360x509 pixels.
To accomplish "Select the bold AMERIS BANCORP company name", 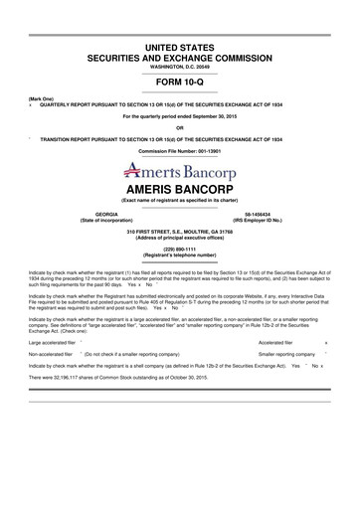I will tap(180, 188).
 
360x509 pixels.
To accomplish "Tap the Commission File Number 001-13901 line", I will tap(180, 150).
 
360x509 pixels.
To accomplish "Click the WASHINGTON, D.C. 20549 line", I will tap(180, 65).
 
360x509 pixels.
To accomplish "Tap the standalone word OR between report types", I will tap(180, 127).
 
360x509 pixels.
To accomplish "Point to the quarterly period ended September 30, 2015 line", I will tap(180, 116).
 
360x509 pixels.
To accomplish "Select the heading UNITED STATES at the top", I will tap(180, 47).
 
